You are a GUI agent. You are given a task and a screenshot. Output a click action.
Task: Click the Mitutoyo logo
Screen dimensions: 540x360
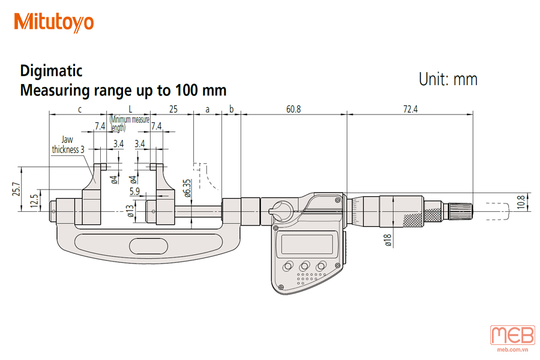[x=54, y=22]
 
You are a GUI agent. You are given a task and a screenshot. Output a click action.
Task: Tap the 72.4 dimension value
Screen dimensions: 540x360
[x=410, y=109]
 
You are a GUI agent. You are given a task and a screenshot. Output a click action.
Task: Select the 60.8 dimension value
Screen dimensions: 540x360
[x=293, y=109]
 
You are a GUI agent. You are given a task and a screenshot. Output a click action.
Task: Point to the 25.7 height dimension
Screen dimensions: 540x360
[x=16, y=189]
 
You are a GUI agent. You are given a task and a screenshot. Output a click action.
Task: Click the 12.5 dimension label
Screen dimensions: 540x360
[x=34, y=201]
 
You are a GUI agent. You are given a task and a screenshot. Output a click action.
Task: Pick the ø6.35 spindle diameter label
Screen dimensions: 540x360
[x=187, y=188]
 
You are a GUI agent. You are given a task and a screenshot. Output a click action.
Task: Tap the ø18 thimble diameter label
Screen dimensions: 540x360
[x=388, y=240]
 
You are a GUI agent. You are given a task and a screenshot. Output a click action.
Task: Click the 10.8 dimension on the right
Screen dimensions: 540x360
[x=521, y=202]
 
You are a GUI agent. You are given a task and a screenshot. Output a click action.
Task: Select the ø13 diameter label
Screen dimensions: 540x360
[x=130, y=211]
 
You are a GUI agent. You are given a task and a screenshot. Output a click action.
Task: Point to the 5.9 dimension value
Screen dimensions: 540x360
[x=134, y=191]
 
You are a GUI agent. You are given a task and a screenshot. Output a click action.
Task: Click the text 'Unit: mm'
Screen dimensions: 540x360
[x=448, y=79]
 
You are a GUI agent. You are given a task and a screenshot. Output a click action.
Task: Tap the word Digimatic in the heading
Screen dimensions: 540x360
[x=52, y=71]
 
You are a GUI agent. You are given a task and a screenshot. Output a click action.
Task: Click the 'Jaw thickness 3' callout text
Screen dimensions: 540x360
[x=68, y=145]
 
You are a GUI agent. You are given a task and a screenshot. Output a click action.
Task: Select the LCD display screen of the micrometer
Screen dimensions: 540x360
[x=307, y=244]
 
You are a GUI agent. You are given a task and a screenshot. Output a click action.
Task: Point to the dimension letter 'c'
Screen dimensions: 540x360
[x=80, y=110]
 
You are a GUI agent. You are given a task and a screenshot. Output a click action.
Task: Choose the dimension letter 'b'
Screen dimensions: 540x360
[x=232, y=109]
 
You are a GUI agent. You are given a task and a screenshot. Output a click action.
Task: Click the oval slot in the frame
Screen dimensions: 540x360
[x=148, y=247]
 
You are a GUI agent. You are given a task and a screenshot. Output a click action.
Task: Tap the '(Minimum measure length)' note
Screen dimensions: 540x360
[x=130, y=124]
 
